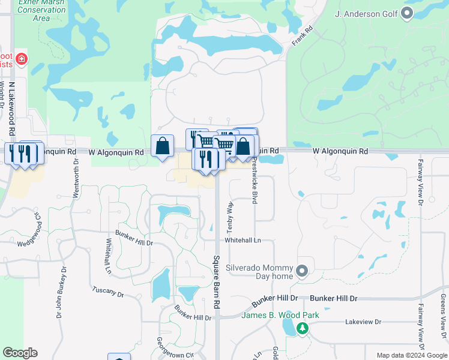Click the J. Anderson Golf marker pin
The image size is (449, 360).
[x=408, y=13]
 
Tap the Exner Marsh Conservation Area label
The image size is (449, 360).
[x=41, y=10]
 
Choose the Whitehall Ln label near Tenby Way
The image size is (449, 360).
[x=243, y=239]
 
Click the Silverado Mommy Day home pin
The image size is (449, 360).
[x=302, y=271]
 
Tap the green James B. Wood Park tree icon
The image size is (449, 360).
[x=303, y=328]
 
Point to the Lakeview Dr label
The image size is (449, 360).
[x=363, y=322]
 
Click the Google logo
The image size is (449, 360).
[x=20, y=353]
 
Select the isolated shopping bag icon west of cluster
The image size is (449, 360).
[x=163, y=146]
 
